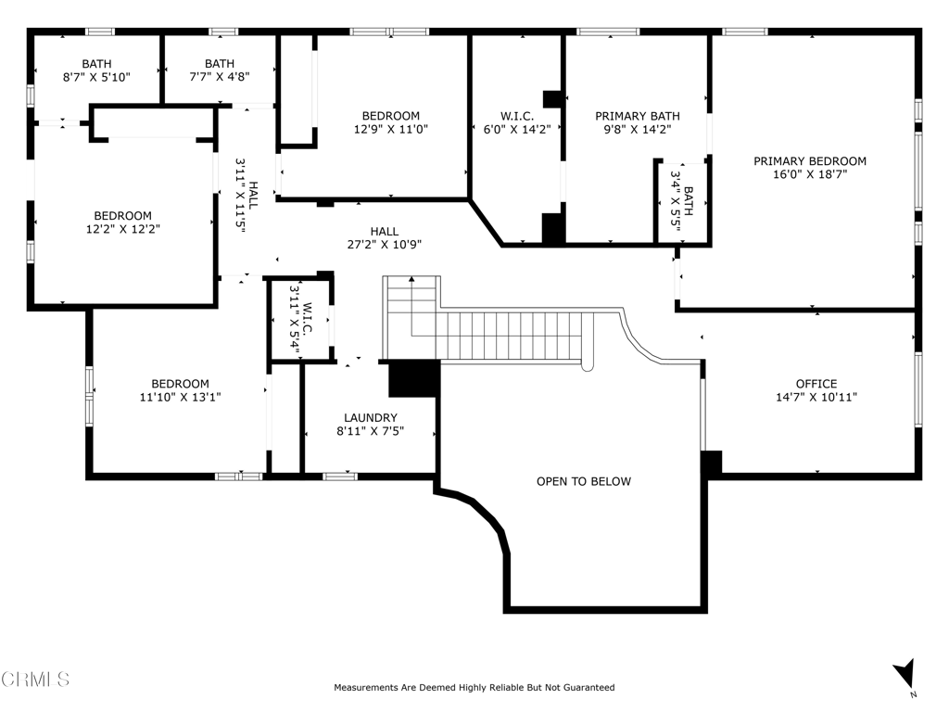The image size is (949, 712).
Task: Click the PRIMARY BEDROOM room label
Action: tap(809, 160)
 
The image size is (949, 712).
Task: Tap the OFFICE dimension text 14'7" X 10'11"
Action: tap(816, 397)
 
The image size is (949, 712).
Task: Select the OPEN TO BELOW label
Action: tap(583, 481)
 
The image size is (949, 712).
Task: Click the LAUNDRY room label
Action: tap(370, 418)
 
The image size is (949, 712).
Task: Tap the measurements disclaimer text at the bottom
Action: tap(474, 688)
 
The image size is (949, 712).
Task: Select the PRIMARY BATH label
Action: tap(637, 116)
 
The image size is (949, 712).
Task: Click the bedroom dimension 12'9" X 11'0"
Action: tap(390, 130)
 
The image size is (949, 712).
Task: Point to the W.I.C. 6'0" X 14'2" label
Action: tap(517, 122)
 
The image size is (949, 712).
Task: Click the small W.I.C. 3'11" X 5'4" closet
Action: tap(299, 318)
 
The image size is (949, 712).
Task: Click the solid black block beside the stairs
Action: tap(413, 378)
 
